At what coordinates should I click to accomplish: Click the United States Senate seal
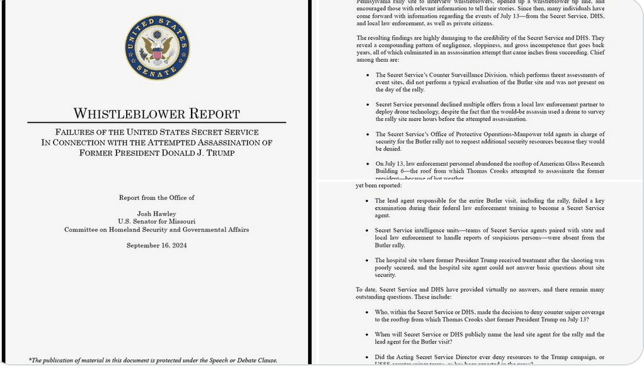[x=157, y=48]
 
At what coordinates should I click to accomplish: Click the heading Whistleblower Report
[x=157, y=113]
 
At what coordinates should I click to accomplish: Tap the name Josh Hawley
[x=157, y=213]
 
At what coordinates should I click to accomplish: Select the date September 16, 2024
[x=157, y=245]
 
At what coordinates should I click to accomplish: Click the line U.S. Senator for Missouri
[x=157, y=221]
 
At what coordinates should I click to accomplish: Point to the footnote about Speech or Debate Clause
[x=153, y=360]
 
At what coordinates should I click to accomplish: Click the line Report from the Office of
[x=157, y=198]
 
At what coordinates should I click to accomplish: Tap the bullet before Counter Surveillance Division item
[x=368, y=75]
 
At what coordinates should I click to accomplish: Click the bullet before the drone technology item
[x=368, y=105]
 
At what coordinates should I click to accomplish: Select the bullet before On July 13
[x=368, y=164]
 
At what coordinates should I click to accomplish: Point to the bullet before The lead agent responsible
[x=368, y=201]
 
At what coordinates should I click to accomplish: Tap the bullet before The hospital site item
[x=368, y=260]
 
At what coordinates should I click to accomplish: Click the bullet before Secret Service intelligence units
[x=368, y=231]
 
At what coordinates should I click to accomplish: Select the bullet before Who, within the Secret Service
[x=368, y=313]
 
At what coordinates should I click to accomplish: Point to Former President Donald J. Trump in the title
[x=157, y=152]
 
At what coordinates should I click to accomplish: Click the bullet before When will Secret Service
[x=368, y=335]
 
